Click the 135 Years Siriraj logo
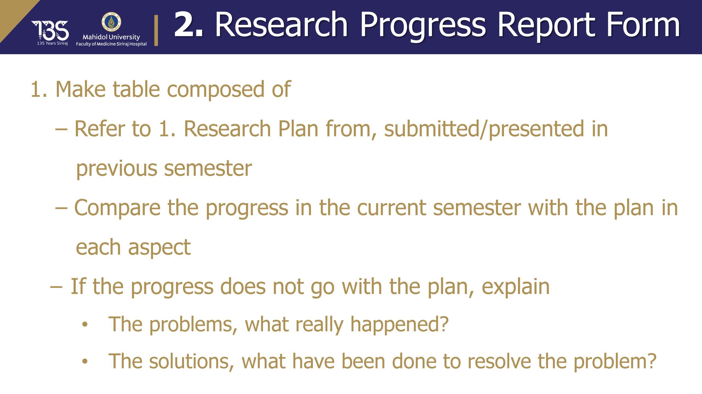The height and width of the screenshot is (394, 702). pos(50,33)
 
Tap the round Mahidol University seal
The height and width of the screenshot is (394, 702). pos(111,22)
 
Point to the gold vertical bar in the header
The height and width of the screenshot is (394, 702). pos(156,30)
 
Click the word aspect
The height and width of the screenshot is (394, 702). pos(159,248)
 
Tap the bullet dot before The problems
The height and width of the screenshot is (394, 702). pos(85,324)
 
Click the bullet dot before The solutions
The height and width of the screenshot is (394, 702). pos(85,361)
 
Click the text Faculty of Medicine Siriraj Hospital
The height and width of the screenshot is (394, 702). pos(111,44)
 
